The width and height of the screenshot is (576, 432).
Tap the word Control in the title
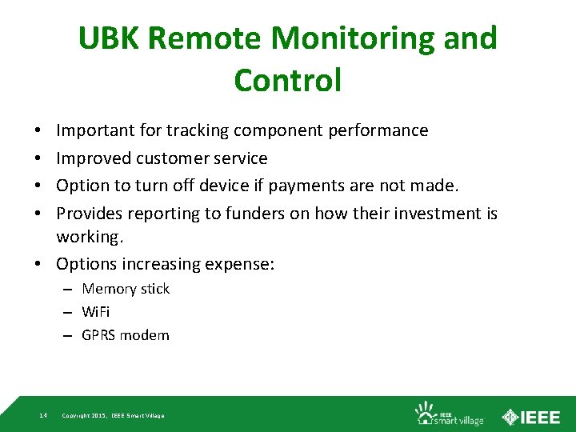click(x=288, y=80)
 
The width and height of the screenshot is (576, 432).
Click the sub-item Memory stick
click(x=126, y=289)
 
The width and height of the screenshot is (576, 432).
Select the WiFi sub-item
click(x=96, y=312)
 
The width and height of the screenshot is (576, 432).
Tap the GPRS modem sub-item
click(x=126, y=335)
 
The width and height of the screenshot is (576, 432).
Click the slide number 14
click(x=42, y=415)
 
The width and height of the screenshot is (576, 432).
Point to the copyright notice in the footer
click(x=113, y=416)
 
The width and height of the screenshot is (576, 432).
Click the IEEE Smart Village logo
click(x=448, y=413)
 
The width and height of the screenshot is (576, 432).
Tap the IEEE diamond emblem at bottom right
click(x=510, y=416)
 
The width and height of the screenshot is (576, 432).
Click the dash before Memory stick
click(x=69, y=289)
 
